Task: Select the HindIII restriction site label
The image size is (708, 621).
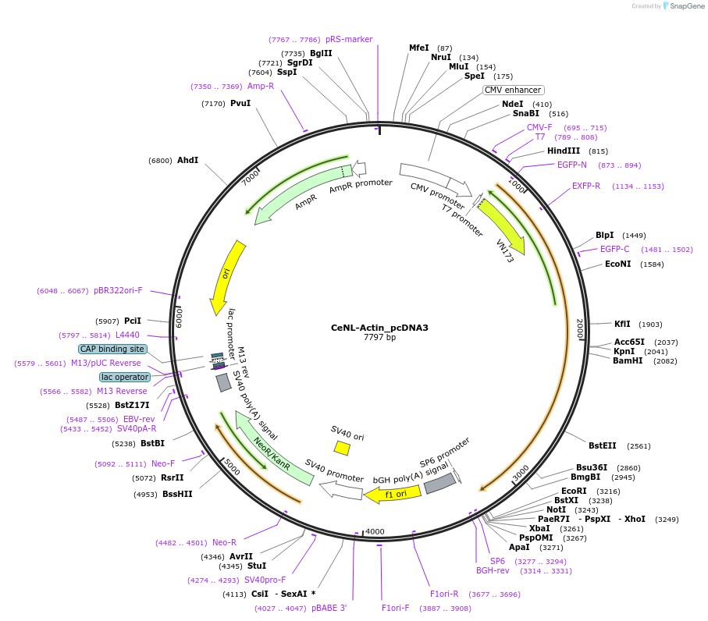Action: tap(563, 151)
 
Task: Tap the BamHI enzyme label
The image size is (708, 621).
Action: tap(628, 361)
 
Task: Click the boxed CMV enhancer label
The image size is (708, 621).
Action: tap(513, 90)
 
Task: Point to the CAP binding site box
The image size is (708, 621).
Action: tap(112, 350)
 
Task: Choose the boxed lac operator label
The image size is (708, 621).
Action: tap(124, 378)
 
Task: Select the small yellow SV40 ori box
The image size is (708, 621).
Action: tap(342, 447)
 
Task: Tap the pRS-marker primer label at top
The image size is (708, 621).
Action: tap(349, 39)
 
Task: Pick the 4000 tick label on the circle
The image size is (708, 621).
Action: tap(375, 532)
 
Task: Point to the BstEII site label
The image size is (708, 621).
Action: tap(602, 446)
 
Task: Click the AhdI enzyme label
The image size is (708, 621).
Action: tap(187, 160)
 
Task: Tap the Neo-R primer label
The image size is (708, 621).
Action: tap(224, 542)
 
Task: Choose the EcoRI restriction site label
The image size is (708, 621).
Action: tap(574, 491)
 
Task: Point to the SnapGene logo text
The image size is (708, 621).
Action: tap(685, 6)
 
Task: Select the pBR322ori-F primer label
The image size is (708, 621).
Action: tap(118, 290)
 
